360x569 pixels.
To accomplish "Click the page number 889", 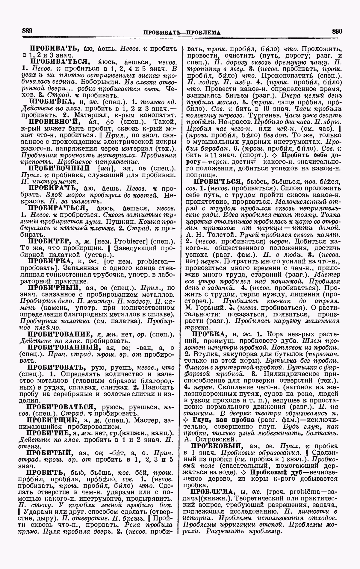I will (27, 31).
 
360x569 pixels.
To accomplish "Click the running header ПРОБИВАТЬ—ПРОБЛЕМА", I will (182, 32).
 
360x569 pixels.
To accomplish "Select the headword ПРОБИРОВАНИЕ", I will (59, 334).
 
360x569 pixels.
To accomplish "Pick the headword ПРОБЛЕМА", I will (211, 492).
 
